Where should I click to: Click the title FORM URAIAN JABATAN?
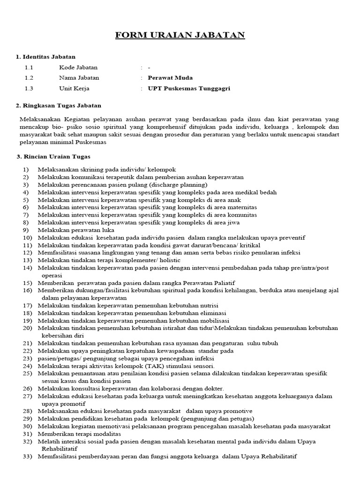tap(180, 36)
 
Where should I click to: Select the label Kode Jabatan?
tap(78, 67)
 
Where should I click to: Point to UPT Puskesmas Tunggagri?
tap(189, 88)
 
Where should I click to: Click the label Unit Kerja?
tap(74, 88)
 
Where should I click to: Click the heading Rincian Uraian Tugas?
tap(55, 156)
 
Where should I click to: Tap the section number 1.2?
tap(29, 78)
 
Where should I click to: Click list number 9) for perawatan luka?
tap(25, 230)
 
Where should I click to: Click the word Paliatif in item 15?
tap(223, 283)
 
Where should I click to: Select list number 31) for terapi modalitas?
tap(25, 434)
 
